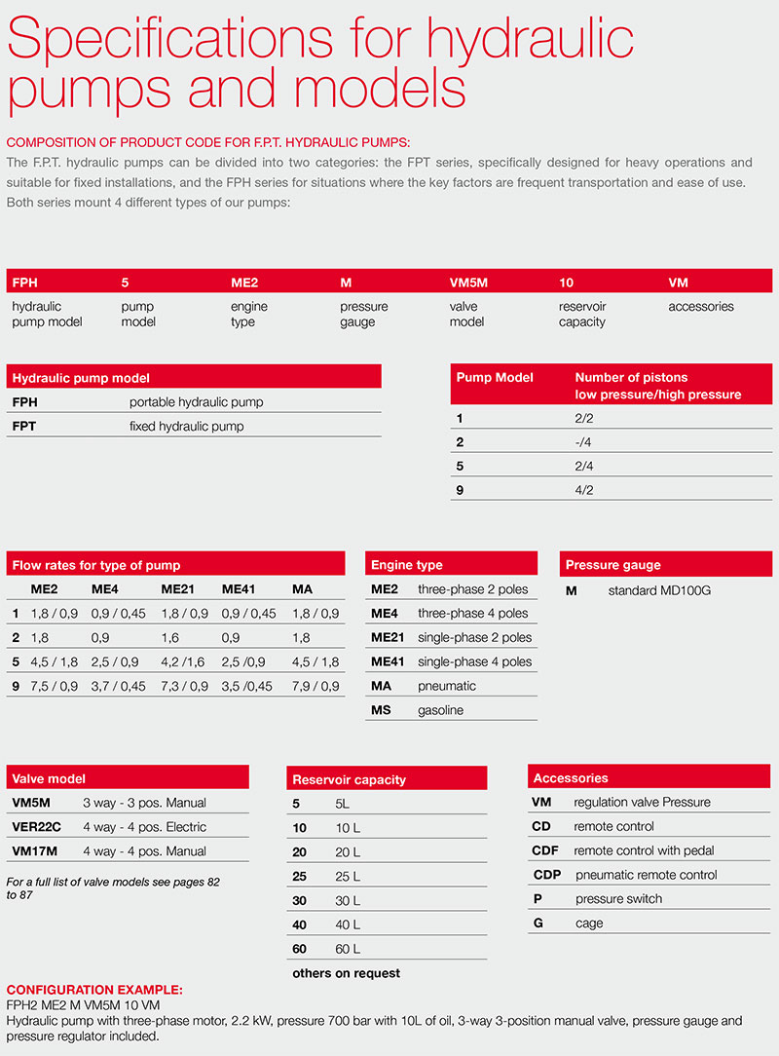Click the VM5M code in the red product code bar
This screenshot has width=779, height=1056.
(467, 283)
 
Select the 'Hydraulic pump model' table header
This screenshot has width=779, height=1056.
(80, 378)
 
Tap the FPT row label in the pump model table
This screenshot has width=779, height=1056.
(25, 426)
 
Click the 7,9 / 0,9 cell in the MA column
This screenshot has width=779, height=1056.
(315, 686)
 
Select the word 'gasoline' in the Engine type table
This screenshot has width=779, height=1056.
(440, 710)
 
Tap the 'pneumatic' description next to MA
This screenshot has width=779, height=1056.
(447, 686)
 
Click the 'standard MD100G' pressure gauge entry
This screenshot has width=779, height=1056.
(659, 590)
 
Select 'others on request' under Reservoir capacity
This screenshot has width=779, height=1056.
(346, 973)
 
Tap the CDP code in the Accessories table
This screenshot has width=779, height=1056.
(547, 875)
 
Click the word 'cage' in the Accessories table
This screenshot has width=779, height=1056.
(589, 923)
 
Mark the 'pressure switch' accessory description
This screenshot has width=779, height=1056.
(618, 898)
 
